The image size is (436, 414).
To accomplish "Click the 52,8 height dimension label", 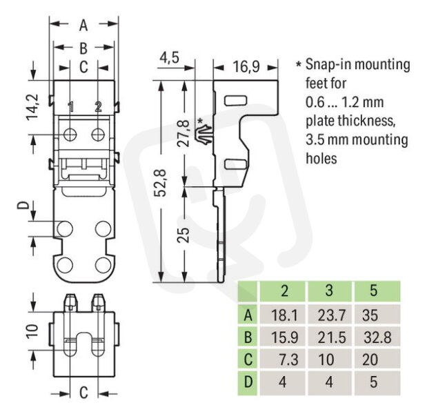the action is [161, 183].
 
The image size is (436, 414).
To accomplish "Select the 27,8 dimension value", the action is [184, 133].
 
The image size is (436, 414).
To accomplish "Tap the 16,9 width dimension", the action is [246, 66].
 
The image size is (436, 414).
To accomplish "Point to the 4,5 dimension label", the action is [169, 57].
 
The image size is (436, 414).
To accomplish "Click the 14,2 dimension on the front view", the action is [32, 107].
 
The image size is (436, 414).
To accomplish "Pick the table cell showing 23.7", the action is [331, 315].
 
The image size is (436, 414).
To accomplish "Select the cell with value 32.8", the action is [377, 337].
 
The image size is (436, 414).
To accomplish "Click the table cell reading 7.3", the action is [288, 359].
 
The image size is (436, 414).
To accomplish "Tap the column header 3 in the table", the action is [329, 290].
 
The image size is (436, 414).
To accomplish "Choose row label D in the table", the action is [248, 382].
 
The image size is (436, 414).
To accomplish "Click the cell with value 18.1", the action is [284, 315].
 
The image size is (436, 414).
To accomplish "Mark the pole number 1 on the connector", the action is [70, 107].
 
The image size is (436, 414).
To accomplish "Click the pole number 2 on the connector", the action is [98, 106].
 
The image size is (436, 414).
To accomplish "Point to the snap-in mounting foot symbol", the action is [205, 135].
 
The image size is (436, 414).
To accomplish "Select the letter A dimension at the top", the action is [83, 26].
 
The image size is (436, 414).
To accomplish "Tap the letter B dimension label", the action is [83, 48].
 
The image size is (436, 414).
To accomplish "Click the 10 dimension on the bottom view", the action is [32, 331].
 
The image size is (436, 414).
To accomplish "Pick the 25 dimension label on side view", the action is [184, 235].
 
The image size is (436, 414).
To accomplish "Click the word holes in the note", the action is [321, 158].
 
